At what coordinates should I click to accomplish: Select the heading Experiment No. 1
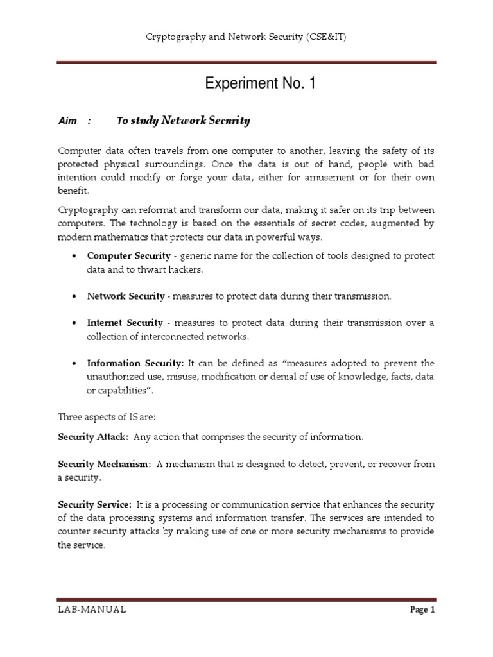(260, 83)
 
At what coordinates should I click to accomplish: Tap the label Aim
(67, 121)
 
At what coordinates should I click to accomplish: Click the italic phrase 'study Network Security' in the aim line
(190, 121)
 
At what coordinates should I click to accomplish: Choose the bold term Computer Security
(125, 255)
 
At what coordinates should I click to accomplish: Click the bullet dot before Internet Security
(74, 323)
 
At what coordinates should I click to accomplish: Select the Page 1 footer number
(422, 610)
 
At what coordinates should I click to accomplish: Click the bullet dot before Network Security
(74, 296)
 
